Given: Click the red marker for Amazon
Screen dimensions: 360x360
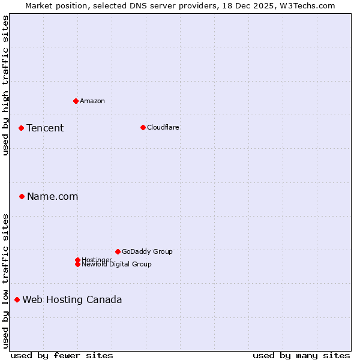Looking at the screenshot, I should pyautogui.click(x=76, y=101).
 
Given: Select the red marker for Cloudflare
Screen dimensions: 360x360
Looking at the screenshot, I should pyautogui.click(x=143, y=127).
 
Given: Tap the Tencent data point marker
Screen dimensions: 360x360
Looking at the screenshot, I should pyautogui.click(x=21, y=128).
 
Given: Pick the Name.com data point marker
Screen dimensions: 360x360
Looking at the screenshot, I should pyautogui.click(x=22, y=196).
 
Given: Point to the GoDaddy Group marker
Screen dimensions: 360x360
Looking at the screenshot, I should pyautogui.click(x=118, y=251).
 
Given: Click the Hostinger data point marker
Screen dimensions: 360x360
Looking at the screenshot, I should pyautogui.click(x=77, y=260).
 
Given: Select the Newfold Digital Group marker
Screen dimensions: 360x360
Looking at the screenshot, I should pyautogui.click(x=77, y=264).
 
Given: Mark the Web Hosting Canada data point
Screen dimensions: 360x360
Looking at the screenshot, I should pyautogui.click(x=17, y=299).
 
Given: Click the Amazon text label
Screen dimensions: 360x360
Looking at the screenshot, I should pyautogui.click(x=92, y=101).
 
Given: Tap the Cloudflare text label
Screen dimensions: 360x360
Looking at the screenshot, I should pyautogui.click(x=163, y=127).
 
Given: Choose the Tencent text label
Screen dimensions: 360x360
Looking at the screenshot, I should pyautogui.click(x=45, y=128).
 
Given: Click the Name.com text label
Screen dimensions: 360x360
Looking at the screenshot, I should pyautogui.click(x=53, y=196).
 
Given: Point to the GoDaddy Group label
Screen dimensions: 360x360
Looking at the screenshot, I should pyautogui.click(x=147, y=251).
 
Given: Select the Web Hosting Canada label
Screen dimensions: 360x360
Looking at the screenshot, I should pyautogui.click(x=72, y=299).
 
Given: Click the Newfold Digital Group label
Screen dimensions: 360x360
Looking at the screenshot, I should pyautogui.click(x=117, y=265).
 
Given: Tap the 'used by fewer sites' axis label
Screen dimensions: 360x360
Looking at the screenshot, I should pyautogui.click(x=62, y=355).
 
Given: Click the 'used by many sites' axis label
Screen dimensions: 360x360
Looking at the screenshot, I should pyautogui.click(x=301, y=355).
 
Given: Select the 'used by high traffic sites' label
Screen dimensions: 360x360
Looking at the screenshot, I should pyautogui.click(x=5, y=85).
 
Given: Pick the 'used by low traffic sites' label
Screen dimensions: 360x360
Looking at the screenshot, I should pyautogui.click(x=5, y=281).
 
